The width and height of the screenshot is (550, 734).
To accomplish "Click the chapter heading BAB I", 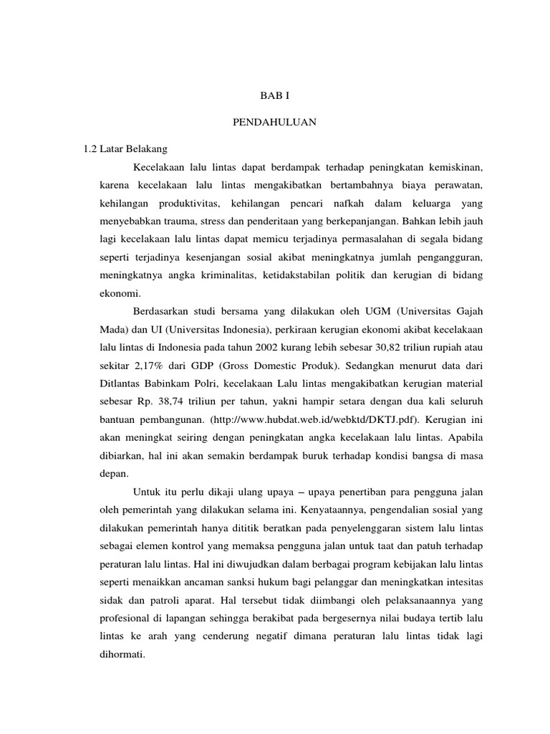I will pyautogui.click(x=274, y=95).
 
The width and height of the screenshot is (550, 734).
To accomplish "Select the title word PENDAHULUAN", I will pyautogui.click(x=274, y=123).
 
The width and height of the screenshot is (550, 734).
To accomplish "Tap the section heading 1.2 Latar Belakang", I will pyautogui.click(x=125, y=149).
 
